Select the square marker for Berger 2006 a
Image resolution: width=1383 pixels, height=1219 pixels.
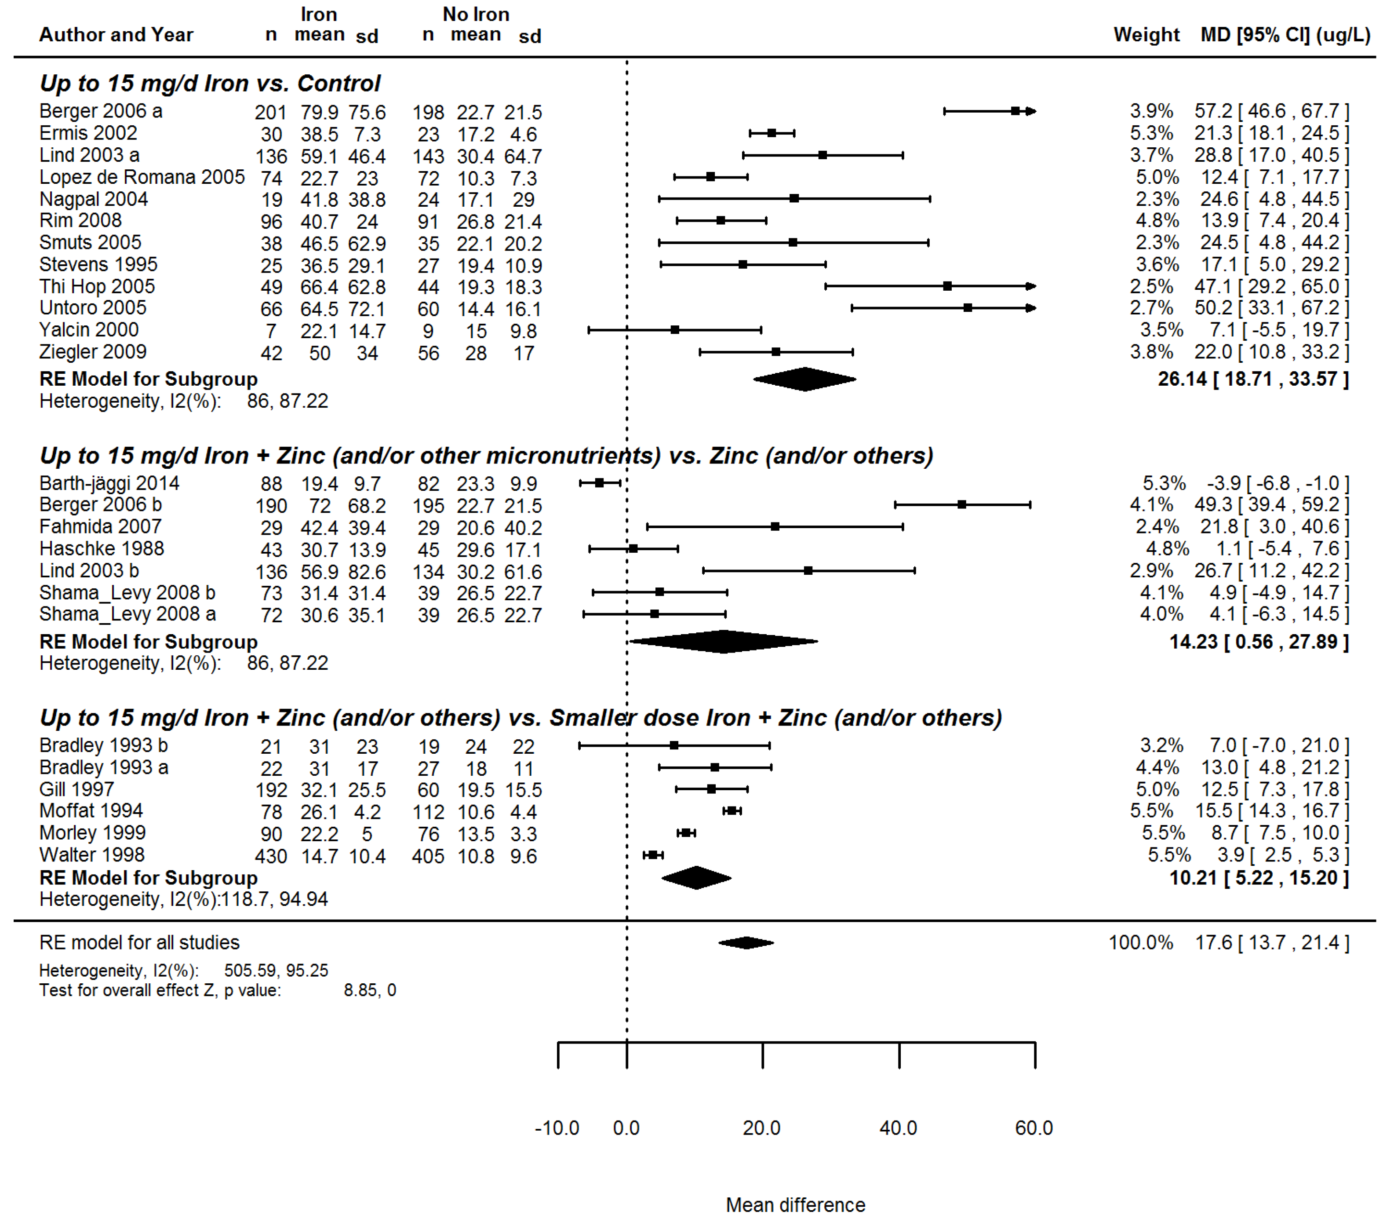[x=1015, y=111]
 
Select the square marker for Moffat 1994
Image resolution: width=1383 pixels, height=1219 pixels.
[x=732, y=811]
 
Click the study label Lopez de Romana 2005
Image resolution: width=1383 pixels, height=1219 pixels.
[x=142, y=177]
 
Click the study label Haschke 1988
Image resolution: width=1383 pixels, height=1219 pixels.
[x=102, y=548]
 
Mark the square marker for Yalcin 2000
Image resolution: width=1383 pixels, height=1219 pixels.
[x=675, y=330]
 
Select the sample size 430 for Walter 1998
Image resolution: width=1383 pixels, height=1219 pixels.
[x=271, y=856]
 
